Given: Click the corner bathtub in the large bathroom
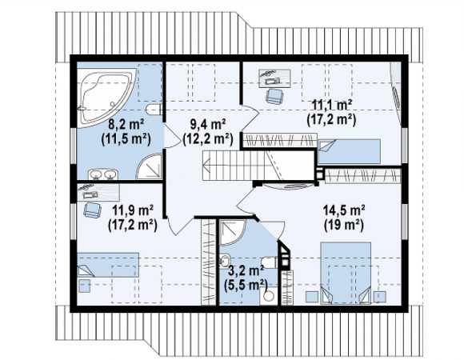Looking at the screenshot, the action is click(x=105, y=96).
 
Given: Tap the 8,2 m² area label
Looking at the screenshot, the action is click(x=126, y=124).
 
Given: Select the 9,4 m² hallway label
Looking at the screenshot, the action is click(x=208, y=124).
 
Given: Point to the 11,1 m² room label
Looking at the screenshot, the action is click(x=332, y=105).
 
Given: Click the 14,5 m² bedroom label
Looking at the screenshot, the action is click(x=343, y=210).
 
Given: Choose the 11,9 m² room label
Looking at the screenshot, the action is click(x=133, y=210).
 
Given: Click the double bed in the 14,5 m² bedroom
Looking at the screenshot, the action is click(x=346, y=273).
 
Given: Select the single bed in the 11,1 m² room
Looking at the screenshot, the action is click(x=349, y=151).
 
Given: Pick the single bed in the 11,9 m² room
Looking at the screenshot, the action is click(x=108, y=265).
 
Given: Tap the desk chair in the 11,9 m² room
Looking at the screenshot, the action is click(x=93, y=210).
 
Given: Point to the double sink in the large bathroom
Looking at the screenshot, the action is click(x=103, y=174).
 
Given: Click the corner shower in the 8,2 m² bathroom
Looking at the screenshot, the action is click(x=150, y=166).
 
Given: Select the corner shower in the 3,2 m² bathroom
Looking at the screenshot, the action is click(x=232, y=232).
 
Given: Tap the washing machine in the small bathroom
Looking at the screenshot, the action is click(x=269, y=296).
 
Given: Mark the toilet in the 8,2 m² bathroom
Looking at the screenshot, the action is click(x=154, y=110).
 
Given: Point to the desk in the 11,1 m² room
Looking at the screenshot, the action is click(x=274, y=78).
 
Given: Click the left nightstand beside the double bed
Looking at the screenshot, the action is click(x=312, y=297).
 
